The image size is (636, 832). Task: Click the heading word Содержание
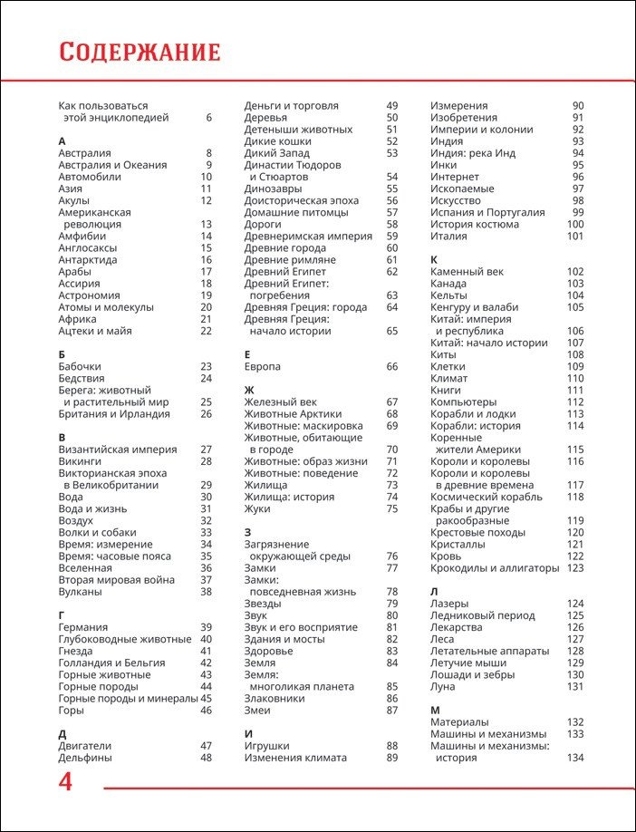pos(140,52)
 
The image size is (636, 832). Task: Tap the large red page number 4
pos(65,782)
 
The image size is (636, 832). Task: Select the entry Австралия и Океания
pos(112,165)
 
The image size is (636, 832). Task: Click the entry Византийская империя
pos(117,450)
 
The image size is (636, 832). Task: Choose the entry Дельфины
pos(85,758)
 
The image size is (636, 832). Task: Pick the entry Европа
pos(263,366)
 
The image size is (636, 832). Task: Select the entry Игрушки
pos(268,746)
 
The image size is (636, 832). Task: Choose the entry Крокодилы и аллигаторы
pos(495,568)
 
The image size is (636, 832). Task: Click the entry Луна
pos(443,686)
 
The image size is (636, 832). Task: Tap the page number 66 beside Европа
pos(392,366)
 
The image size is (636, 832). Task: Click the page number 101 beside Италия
pos(575,236)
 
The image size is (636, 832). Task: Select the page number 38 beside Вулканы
pos(206,592)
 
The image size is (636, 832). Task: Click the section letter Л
pos(435,592)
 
